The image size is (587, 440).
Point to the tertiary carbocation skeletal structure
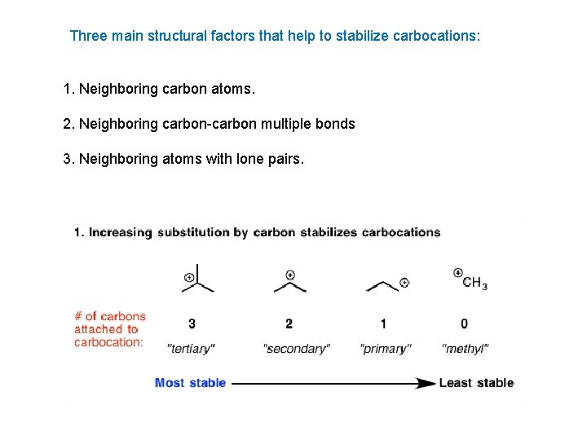tap(197, 279)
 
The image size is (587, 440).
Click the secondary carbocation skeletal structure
tap(289, 282)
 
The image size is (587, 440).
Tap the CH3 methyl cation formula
tap(474, 283)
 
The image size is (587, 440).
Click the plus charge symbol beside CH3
tap(458, 273)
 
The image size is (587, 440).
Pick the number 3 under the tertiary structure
tap(192, 323)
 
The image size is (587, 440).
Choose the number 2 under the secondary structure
tap(289, 323)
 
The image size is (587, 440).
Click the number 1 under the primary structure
tap(384, 323)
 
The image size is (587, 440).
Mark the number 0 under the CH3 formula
tap(464, 323)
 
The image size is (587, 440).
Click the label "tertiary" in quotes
tap(191, 349)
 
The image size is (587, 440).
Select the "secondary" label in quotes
tap(296, 349)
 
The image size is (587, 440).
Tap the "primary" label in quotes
tap(385, 349)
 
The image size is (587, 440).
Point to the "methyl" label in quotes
tap(465, 349)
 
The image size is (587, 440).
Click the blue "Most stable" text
tap(190, 383)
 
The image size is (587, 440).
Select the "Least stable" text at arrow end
tap(476, 383)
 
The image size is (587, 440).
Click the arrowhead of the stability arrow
tap(426, 383)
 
